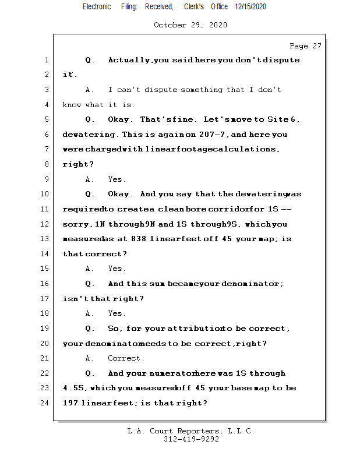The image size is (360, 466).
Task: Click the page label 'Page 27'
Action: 305,46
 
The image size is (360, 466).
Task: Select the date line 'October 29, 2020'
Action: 190,25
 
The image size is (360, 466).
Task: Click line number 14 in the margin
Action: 46,254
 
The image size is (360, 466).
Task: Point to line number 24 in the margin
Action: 46,403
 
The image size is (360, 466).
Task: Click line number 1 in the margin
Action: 46,60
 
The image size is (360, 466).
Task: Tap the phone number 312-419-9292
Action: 191,440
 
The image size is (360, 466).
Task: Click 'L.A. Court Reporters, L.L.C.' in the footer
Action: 191,431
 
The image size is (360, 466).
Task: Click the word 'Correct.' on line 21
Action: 126,358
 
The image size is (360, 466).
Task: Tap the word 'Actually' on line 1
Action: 129,60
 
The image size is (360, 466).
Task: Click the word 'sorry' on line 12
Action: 76,224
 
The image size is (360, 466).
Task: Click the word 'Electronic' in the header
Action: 97,7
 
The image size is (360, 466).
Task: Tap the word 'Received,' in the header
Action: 159,7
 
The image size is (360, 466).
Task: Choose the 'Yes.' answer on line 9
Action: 117,179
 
